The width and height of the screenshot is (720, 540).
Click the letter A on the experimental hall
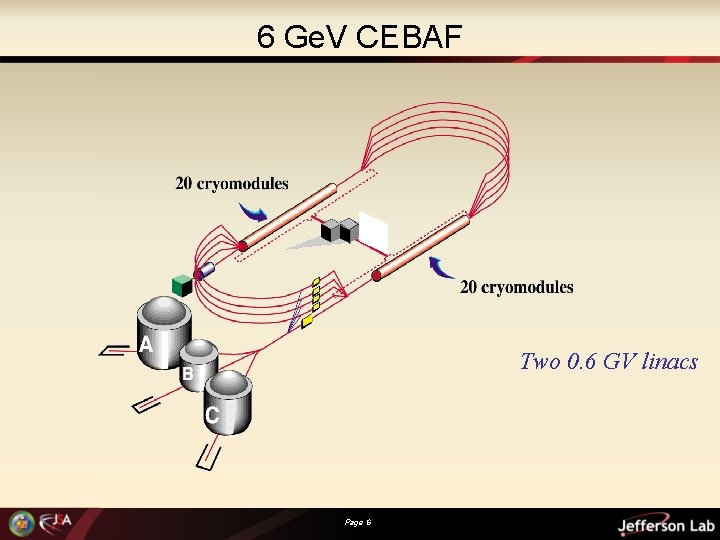(146, 345)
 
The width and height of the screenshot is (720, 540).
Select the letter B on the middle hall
(187, 374)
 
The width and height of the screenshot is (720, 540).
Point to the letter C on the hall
(212, 415)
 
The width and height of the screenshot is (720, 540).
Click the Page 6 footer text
(358, 522)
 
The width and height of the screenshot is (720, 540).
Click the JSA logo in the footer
(57, 523)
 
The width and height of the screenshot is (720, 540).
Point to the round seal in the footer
(20, 523)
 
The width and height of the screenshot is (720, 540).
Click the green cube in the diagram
(181, 285)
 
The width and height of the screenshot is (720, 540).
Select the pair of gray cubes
(340, 231)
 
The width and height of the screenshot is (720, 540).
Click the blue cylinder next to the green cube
(205, 270)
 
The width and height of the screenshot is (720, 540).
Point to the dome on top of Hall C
(230, 382)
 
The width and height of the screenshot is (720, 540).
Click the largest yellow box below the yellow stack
(308, 322)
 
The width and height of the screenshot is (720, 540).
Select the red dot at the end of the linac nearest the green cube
(241, 246)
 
